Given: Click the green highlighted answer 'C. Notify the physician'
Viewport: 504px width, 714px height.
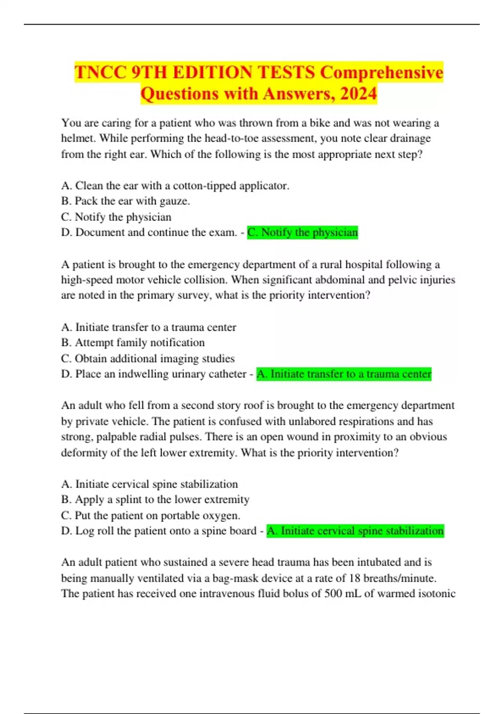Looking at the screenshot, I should [x=302, y=232].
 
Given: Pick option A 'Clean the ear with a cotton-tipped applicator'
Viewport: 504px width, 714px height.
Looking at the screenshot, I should [x=175, y=186].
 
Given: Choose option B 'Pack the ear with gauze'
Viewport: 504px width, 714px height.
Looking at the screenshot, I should [x=126, y=201].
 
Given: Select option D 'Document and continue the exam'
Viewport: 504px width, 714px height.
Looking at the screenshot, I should [x=149, y=232].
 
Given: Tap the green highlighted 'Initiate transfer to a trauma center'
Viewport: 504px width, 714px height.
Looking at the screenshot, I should [x=344, y=374].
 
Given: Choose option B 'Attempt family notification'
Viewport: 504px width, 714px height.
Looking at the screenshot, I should [x=133, y=343].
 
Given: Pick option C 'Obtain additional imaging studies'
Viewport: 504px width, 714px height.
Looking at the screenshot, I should [x=148, y=359].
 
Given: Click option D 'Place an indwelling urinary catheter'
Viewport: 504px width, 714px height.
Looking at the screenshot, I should [x=154, y=374].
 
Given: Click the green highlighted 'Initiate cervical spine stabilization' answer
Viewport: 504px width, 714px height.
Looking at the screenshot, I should [x=355, y=531].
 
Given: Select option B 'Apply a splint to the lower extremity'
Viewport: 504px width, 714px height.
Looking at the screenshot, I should [x=155, y=499].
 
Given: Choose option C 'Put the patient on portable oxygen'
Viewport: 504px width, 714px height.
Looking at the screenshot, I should [x=150, y=515].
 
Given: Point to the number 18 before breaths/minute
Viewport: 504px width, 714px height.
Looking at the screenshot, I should [x=355, y=578].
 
